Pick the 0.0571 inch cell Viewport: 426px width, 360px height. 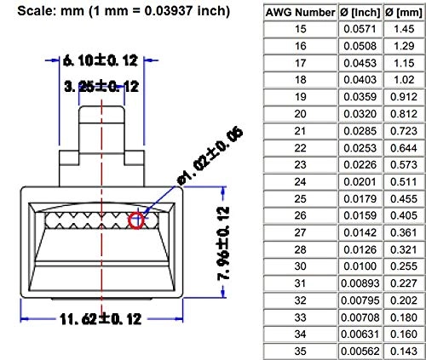[358, 28]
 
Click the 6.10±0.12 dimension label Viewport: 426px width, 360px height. [101, 60]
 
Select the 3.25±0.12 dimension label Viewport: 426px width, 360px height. [101, 85]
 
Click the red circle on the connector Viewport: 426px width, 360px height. [137, 220]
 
